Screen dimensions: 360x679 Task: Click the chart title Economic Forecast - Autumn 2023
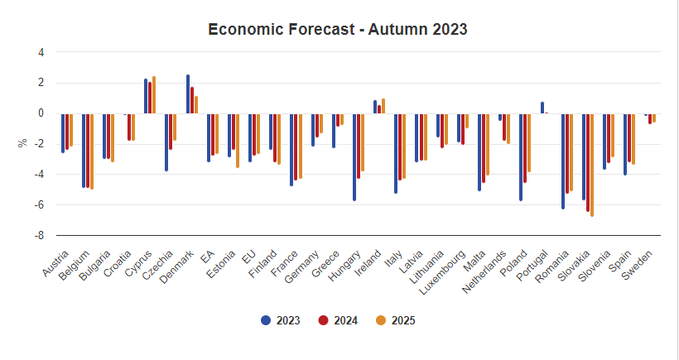click(x=338, y=30)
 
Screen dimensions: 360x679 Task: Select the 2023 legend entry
click(x=281, y=320)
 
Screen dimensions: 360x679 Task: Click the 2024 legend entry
click(x=338, y=320)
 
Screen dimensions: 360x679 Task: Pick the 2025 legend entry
click(x=396, y=320)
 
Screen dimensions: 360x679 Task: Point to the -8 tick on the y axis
click(x=39, y=235)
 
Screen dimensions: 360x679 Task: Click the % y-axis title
click(x=23, y=143)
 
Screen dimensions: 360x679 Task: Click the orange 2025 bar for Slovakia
click(x=592, y=165)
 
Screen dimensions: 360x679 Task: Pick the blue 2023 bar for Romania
click(x=563, y=161)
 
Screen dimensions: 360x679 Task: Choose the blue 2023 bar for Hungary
click(x=354, y=156)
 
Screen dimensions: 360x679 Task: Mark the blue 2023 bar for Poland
click(x=521, y=156)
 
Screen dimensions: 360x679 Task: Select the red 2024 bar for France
click(x=296, y=146)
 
